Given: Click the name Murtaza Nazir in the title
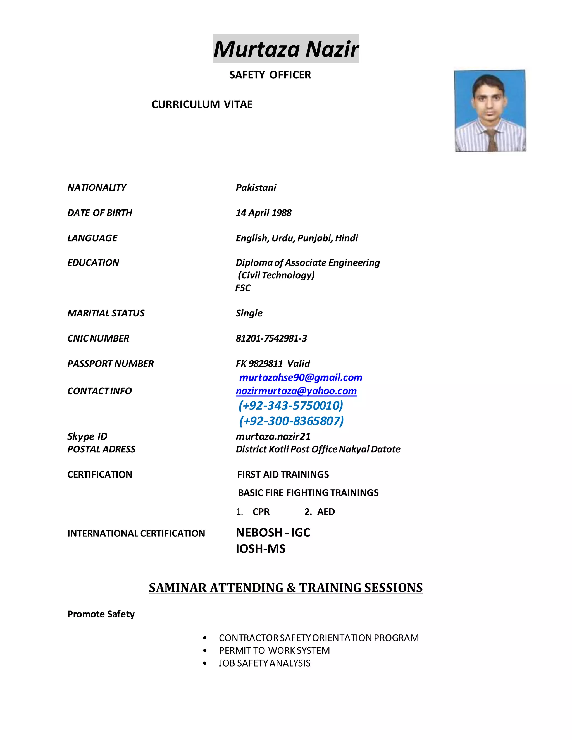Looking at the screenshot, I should click(x=286, y=49).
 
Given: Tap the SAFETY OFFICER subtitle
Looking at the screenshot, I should click(x=270, y=75).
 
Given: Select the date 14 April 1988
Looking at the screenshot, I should click(x=263, y=213).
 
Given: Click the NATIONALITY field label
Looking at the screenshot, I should click(x=97, y=187).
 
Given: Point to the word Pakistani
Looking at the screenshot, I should click(x=256, y=187).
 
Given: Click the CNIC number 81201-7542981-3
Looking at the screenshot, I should click(x=271, y=338).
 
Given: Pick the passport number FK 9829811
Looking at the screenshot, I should click(x=259, y=364).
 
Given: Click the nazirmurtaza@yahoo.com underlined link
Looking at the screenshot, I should click(x=296, y=391).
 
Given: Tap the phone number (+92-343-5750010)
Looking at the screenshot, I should click(x=291, y=405).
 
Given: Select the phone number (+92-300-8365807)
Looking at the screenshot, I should click(x=291, y=421).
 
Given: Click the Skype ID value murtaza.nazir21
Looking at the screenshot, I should click(x=273, y=436).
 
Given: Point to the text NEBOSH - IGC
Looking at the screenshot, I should click(x=273, y=532).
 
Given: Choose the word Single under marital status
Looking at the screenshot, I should click(x=249, y=313).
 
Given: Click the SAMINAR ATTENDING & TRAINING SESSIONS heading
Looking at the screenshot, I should click(x=286, y=588).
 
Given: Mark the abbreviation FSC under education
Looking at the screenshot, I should click(x=243, y=288).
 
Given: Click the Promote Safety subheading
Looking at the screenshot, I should click(x=101, y=614).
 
